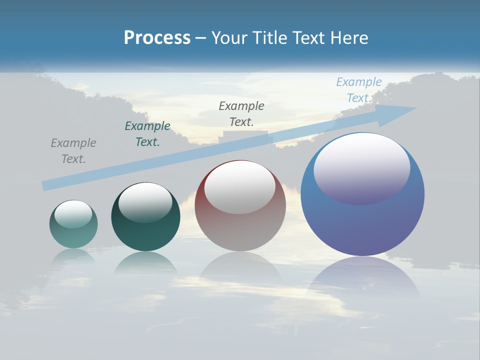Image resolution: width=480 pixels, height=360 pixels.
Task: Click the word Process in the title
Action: point(157,38)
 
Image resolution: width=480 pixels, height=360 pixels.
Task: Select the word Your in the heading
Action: point(228,38)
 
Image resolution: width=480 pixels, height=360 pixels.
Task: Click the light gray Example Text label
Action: point(73,151)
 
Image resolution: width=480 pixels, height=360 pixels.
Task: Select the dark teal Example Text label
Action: point(147,134)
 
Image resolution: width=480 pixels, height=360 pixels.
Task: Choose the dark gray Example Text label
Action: point(241,113)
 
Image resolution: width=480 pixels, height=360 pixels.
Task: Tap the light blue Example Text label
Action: point(359,90)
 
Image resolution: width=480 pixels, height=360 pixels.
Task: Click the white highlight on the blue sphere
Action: point(362,167)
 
